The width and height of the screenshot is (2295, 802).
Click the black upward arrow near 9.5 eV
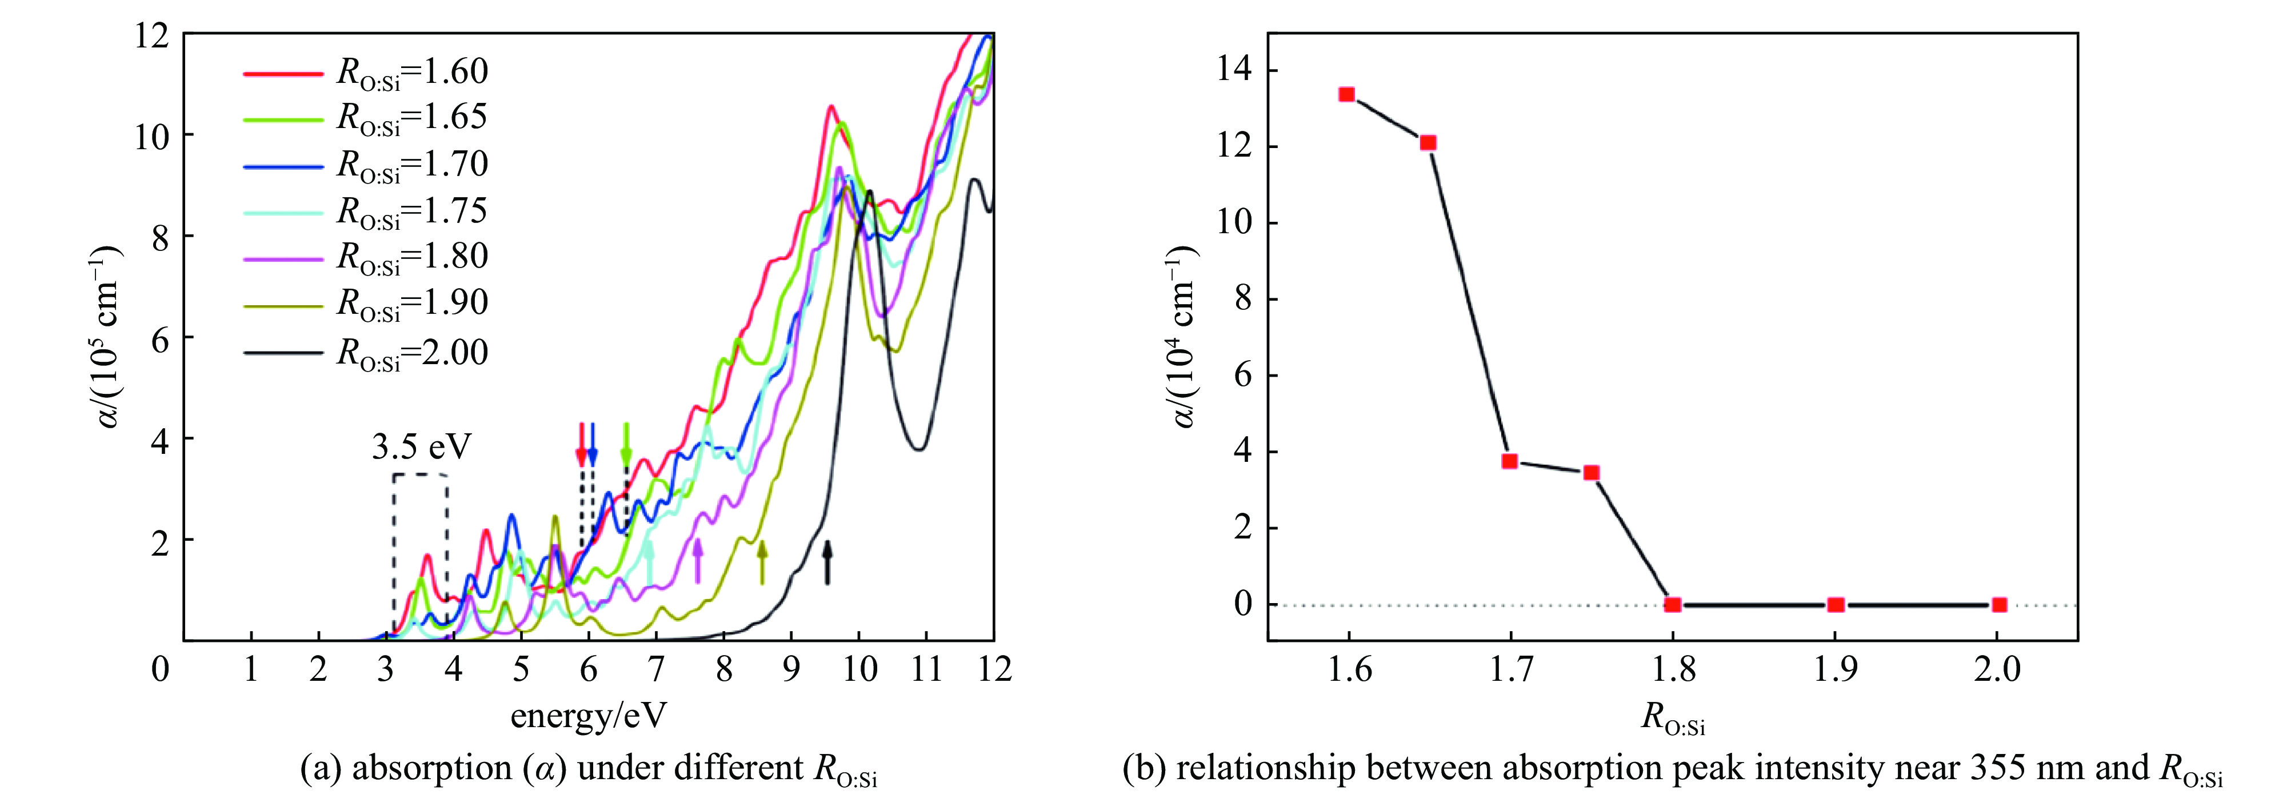[x=827, y=561]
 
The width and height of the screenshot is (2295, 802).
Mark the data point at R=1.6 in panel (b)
[x=1347, y=94]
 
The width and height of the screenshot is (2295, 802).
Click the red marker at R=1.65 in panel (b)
[x=1428, y=142]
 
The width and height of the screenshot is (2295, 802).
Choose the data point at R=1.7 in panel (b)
[x=1509, y=461]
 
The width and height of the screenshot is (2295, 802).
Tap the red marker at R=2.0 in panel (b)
[x=1999, y=604]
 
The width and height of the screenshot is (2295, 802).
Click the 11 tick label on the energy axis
[x=926, y=668]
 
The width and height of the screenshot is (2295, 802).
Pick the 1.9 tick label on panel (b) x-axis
[x=1836, y=668]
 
